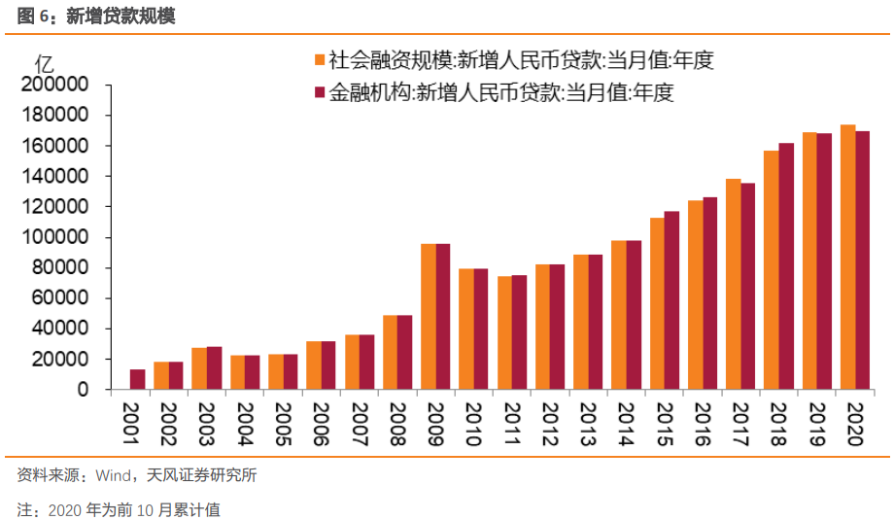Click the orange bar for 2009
[x=429, y=317]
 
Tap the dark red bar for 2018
[x=786, y=266]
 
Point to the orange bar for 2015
[x=657, y=303]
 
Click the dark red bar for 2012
[x=558, y=327]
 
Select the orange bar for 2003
[x=199, y=368]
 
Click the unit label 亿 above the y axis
[x=45, y=64]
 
